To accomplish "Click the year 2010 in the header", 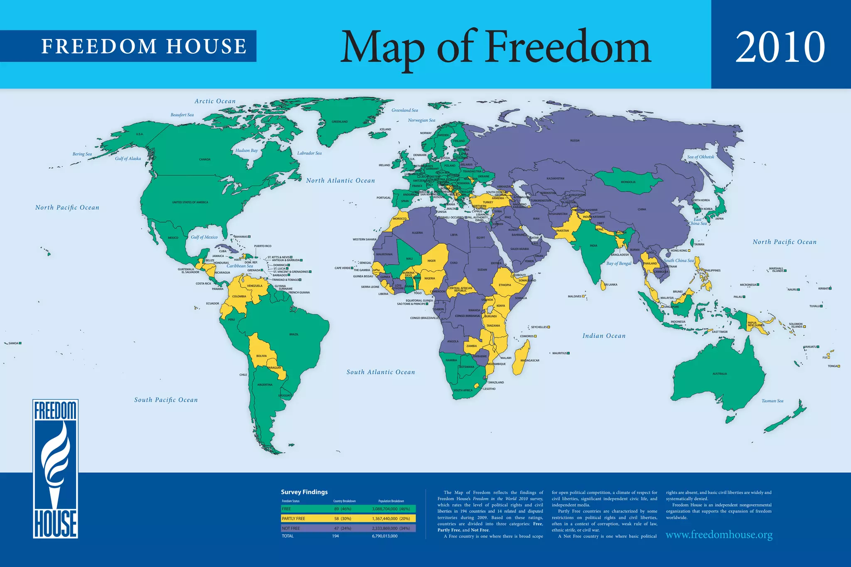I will [780, 47].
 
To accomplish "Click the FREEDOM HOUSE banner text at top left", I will [144, 46].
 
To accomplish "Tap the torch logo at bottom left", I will [55, 469].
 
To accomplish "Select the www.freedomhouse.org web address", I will [719, 535].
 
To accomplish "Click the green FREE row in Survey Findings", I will [348, 509].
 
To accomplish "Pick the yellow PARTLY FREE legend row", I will [348, 518].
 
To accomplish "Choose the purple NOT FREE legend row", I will [348, 528].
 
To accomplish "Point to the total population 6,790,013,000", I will [384, 536].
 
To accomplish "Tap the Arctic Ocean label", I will [215, 101].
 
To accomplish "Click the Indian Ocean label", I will [603, 336].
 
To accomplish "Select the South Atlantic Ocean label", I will [381, 372].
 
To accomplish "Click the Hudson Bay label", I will [246, 150].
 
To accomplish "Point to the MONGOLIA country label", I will [628, 182].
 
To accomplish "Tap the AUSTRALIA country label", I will [720, 374].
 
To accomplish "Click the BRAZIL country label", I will [294, 334].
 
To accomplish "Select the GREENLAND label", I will [339, 122].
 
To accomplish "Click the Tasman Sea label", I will [772, 401].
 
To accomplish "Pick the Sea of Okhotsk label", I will [701, 157].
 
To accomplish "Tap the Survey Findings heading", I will [304, 492].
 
